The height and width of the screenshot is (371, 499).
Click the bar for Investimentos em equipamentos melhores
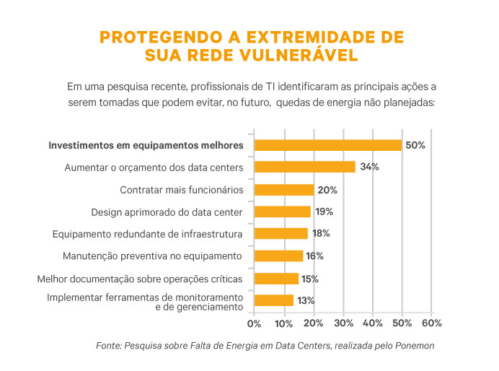(327, 145)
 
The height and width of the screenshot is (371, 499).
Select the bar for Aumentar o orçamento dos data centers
(304, 167)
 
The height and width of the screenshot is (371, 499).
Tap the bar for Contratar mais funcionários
(283, 190)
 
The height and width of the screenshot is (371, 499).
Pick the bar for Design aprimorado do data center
(282, 211)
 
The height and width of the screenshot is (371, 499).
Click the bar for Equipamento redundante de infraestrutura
(281, 233)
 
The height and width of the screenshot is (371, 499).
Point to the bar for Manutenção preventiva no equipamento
(278, 256)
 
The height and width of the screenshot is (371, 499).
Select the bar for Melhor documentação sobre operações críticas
(276, 279)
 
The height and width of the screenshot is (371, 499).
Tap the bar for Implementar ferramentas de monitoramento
(274, 300)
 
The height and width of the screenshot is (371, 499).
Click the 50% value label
(415, 145)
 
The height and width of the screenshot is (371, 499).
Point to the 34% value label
(369, 167)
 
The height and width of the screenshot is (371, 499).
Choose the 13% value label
(306, 300)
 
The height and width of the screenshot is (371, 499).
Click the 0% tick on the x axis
(254, 323)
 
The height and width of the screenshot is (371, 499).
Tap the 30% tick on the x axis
(343, 323)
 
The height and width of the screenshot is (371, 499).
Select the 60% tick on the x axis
(431, 323)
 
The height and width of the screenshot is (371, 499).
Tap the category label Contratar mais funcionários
(182, 190)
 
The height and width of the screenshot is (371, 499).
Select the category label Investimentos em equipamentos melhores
(146, 145)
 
